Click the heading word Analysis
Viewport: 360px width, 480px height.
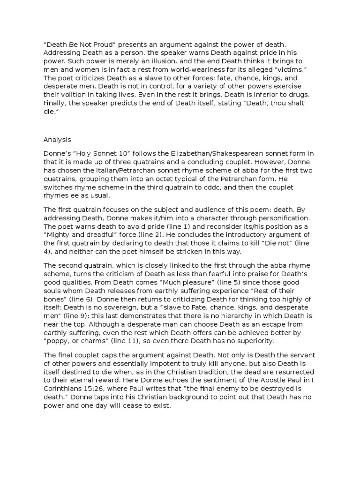tap(57, 139)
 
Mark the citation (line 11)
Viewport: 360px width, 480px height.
tap(117, 341)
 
